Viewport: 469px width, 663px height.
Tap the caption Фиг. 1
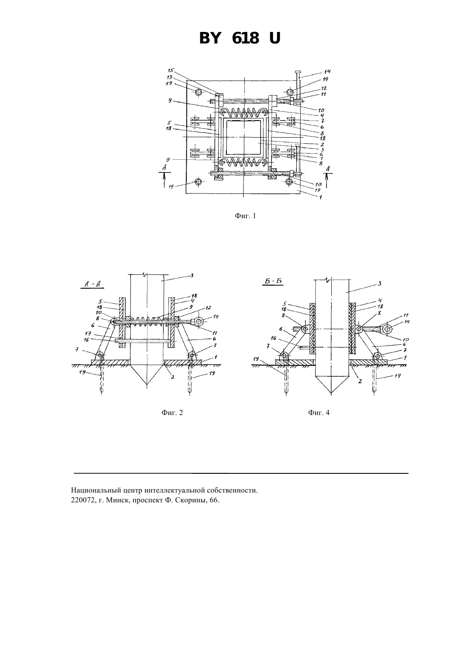(245, 216)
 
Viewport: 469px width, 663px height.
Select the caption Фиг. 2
(172, 412)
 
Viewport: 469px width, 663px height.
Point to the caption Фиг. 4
(318, 412)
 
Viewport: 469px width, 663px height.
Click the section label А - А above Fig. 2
(93, 284)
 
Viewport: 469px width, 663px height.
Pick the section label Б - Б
(273, 281)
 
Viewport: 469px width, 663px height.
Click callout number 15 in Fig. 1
(170, 70)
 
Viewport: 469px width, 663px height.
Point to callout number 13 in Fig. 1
(170, 77)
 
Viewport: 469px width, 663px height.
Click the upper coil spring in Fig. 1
(243, 112)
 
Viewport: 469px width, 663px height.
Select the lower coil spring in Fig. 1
(243, 161)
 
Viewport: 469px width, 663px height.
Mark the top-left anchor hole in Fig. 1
(198, 92)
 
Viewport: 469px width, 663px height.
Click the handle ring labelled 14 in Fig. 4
(387, 329)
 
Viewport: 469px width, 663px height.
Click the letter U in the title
(275, 38)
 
